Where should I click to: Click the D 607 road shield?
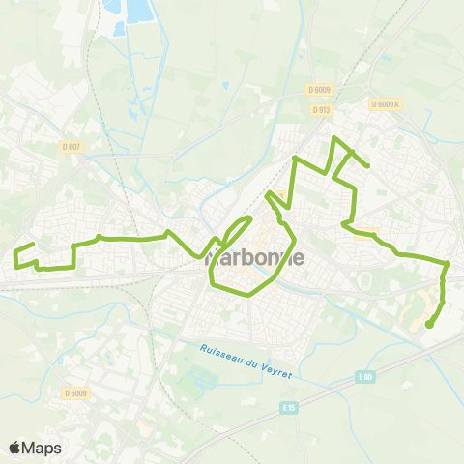coord(71,146)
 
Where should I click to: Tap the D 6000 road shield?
coord(322,90)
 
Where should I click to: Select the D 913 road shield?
coord(322,110)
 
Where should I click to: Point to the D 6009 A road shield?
coord(384,104)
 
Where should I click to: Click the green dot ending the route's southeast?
coord(429,325)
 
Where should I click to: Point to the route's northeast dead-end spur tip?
coord(368,167)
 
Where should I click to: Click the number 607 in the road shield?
coord(73,146)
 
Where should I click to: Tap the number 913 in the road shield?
coord(325,110)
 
